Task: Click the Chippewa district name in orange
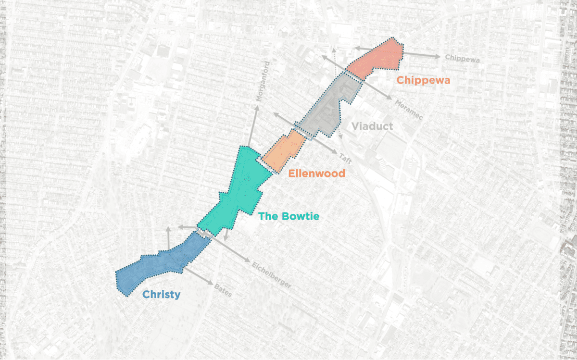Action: pyautogui.click(x=423, y=80)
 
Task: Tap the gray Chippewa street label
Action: pyautogui.click(x=463, y=58)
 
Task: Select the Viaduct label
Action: pyautogui.click(x=372, y=126)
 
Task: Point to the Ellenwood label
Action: pyautogui.click(x=316, y=173)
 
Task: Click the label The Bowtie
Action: pyautogui.click(x=288, y=217)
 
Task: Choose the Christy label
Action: pyautogui.click(x=161, y=295)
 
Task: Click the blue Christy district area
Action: pyautogui.click(x=159, y=264)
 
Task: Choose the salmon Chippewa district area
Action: pyautogui.click(x=380, y=59)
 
